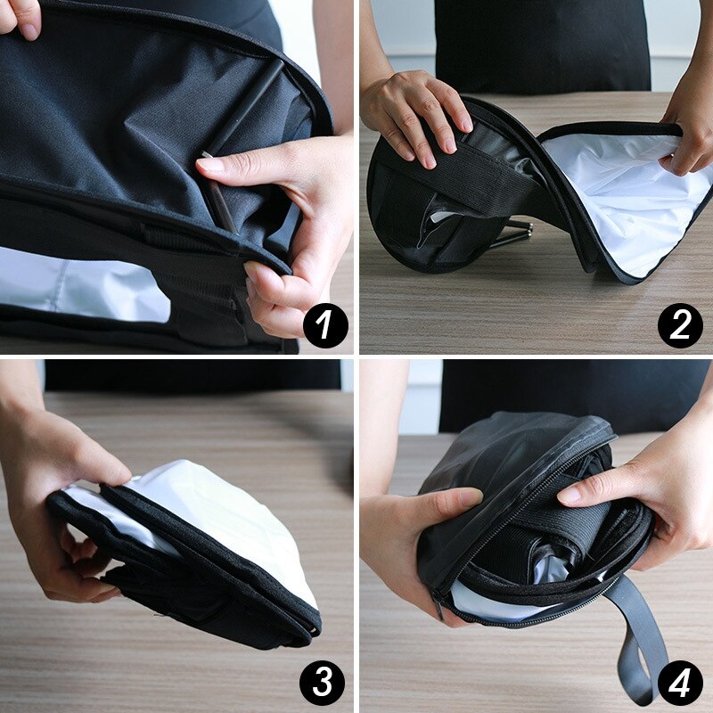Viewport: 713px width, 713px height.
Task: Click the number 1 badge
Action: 324,326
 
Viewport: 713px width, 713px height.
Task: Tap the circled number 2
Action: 680,326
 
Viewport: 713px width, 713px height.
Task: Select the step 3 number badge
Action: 322,683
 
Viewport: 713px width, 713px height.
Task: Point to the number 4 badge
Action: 680,683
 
